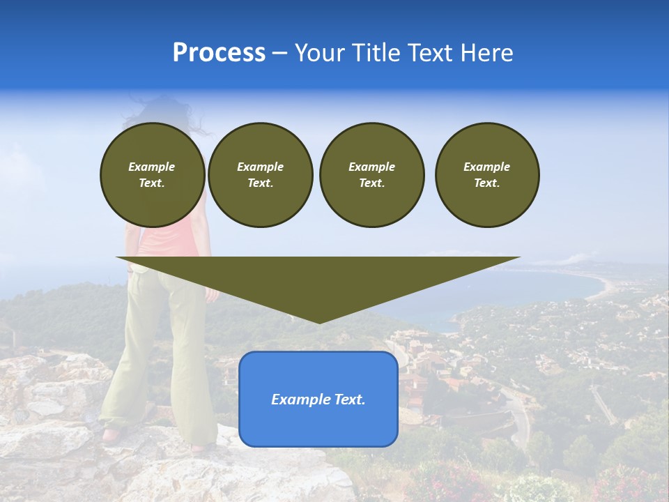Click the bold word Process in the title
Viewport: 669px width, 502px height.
(219, 53)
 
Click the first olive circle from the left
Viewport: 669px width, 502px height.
(152, 174)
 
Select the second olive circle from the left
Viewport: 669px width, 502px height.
(260, 174)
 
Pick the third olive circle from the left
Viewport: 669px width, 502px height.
(371, 174)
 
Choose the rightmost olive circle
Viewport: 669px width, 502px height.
(486, 174)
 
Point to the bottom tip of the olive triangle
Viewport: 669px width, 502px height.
(319, 321)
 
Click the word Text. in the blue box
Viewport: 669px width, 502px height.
(351, 400)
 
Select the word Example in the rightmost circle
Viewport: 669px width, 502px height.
(486, 167)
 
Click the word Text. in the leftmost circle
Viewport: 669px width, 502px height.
(152, 183)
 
